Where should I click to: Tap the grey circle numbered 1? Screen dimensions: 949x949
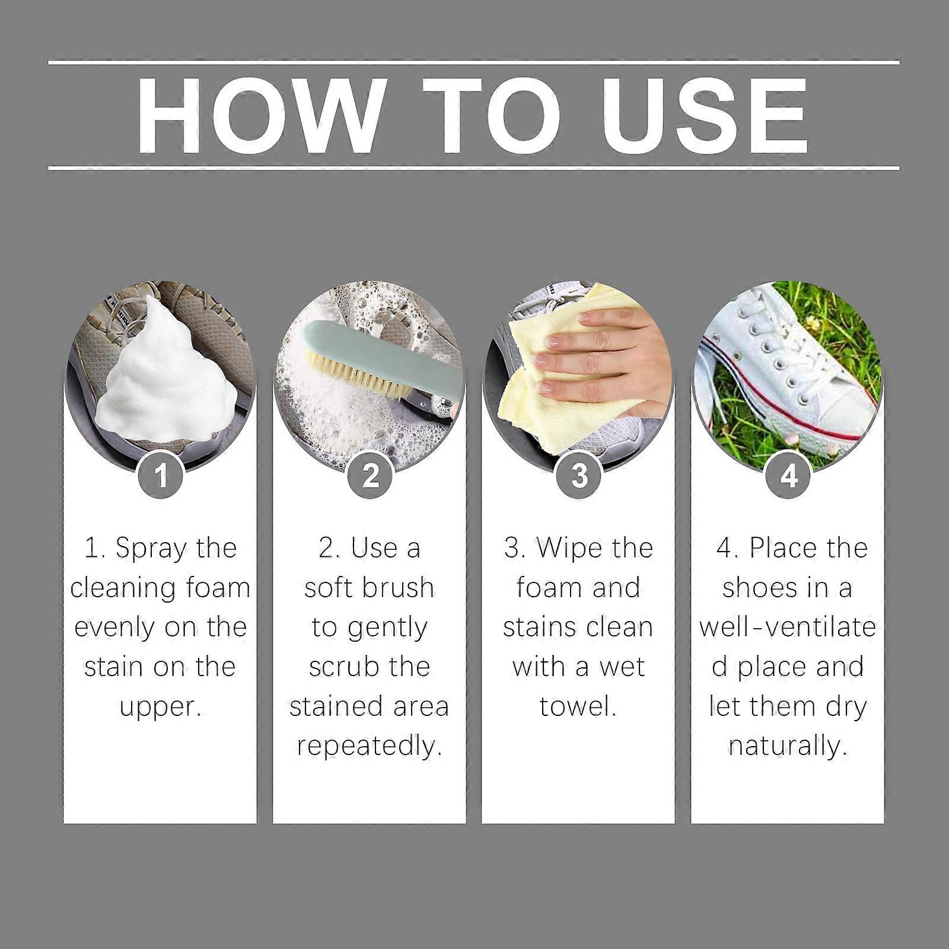(160, 476)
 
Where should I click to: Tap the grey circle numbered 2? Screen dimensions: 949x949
(370, 476)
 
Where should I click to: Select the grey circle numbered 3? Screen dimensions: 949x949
(579, 476)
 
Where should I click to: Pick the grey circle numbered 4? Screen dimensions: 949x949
(788, 476)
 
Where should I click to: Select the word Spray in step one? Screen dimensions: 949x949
(142, 549)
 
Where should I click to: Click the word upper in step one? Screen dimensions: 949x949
(161, 707)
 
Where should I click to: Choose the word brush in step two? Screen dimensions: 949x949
(399, 588)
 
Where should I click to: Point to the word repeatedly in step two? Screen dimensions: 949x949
(370, 746)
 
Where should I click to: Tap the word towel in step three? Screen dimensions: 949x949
(578, 707)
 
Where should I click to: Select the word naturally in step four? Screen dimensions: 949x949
(788, 746)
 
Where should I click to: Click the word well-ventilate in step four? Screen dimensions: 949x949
(788, 628)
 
